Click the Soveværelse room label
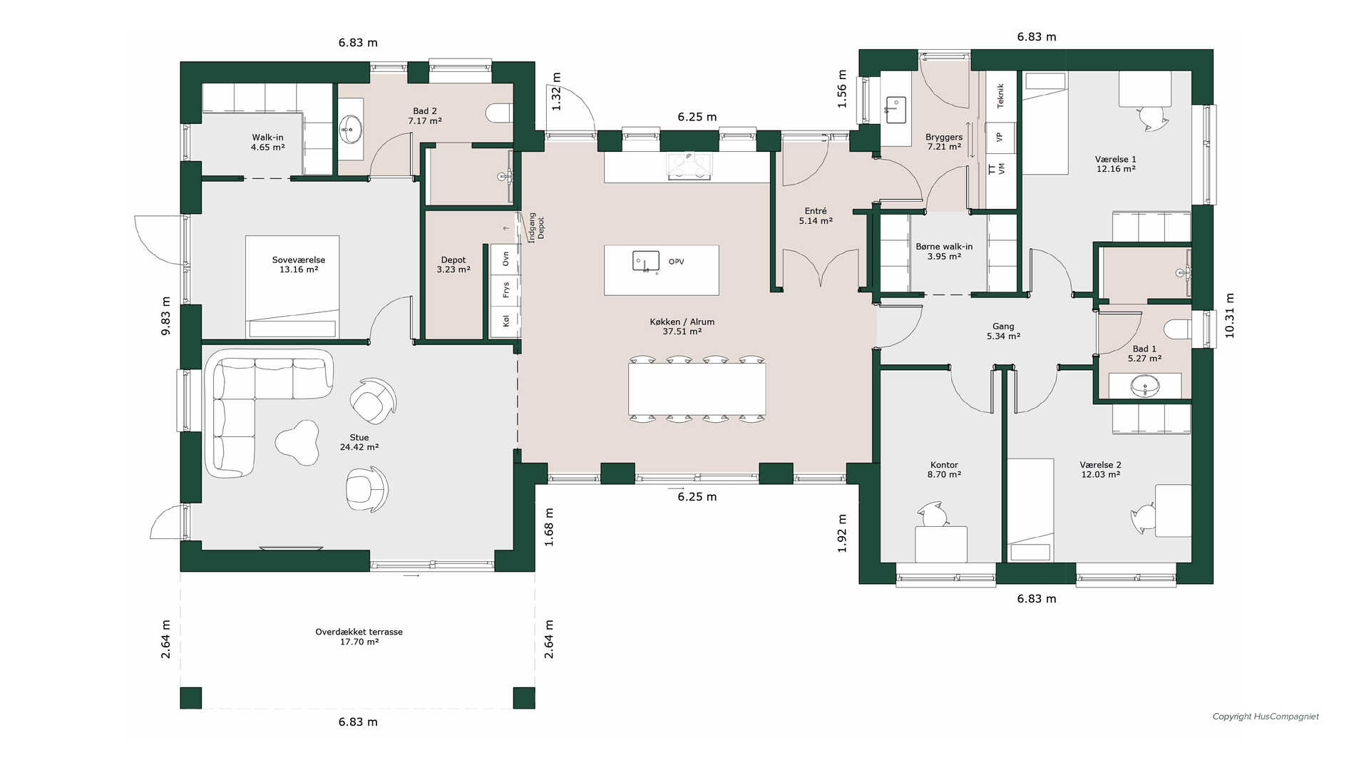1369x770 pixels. coord(299,260)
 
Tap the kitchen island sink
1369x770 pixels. coord(646,262)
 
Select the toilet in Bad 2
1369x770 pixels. coord(499,113)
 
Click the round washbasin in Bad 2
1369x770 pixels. coord(350,130)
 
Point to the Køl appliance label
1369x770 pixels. coord(506,322)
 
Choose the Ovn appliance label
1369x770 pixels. coord(506,259)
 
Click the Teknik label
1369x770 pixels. coord(1000,96)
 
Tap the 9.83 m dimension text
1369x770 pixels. coord(165,316)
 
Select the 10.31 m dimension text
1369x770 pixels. coord(1229,316)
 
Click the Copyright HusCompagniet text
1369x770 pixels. coord(1266,717)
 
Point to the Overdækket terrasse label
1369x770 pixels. coord(359,632)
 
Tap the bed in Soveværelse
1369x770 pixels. coord(292,287)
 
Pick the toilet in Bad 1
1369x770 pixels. coord(1177,329)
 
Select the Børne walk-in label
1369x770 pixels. coord(944,247)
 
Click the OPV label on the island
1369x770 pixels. coord(677,262)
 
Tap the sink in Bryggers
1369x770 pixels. coord(896,111)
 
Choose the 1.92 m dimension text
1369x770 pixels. coord(842,533)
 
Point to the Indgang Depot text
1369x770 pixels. coord(536,227)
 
